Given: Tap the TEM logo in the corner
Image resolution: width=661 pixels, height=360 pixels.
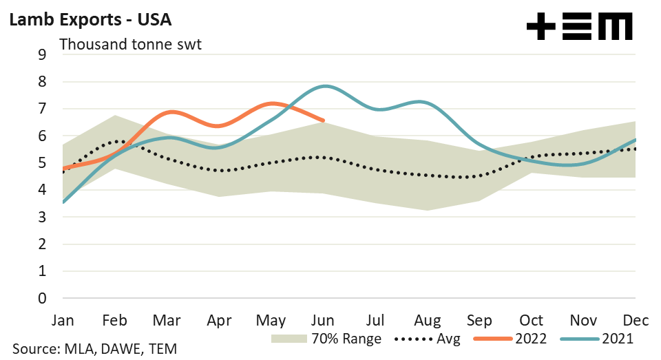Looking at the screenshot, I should [579, 28].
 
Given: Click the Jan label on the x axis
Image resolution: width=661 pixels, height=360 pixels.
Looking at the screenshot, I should [63, 320].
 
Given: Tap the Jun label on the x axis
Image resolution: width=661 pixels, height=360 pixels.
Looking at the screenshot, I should [323, 320].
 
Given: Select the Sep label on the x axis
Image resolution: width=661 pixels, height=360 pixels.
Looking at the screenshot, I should [479, 320].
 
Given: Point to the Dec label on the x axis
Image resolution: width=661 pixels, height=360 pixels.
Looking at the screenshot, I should [633, 320].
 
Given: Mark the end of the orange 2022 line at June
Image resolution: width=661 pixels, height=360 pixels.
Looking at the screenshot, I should [323, 120].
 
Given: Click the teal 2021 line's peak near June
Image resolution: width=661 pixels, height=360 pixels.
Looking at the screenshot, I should [324, 86].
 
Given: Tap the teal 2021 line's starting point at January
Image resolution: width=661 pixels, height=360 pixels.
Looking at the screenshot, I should [63, 202].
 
